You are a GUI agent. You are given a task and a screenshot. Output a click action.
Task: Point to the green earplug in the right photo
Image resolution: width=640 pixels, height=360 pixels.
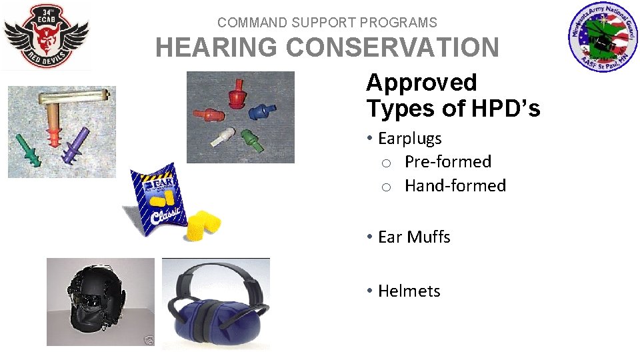click(x=251, y=141)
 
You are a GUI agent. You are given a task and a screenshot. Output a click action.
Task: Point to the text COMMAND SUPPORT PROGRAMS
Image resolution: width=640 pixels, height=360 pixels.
click(x=327, y=23)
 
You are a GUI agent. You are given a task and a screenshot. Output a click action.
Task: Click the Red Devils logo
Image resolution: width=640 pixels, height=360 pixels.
click(x=45, y=37)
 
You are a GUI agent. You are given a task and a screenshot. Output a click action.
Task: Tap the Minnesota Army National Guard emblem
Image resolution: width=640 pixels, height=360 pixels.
click(x=603, y=38)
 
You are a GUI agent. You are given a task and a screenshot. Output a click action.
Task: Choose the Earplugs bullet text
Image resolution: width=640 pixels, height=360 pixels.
click(x=409, y=139)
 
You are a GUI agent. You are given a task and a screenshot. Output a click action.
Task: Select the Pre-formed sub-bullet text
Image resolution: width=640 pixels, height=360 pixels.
click(x=447, y=162)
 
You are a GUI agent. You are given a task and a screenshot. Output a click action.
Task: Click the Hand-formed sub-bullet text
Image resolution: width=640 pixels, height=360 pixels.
click(x=455, y=186)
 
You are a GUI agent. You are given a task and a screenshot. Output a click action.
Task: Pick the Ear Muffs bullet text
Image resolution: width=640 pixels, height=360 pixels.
click(x=413, y=237)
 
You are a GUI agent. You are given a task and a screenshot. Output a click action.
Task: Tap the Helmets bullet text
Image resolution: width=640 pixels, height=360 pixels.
click(x=409, y=291)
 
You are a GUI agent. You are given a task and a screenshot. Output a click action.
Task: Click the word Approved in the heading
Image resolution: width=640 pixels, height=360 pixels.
click(x=421, y=83)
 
